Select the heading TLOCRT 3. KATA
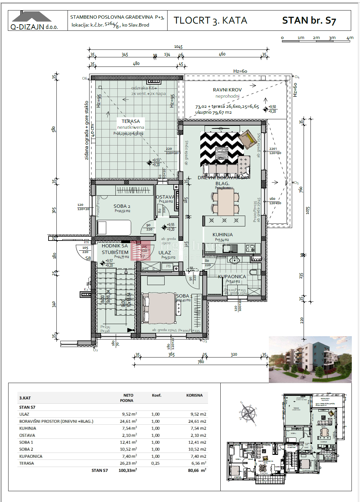coord(210,21)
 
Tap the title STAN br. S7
coord(309,21)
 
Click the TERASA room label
coord(130,121)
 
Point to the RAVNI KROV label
coord(227,90)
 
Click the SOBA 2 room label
coord(122,206)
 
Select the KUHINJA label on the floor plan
coord(223,235)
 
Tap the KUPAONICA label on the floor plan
coord(232,277)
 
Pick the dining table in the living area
coord(226,202)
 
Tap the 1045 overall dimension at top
coord(178,47)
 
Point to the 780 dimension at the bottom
coord(201,362)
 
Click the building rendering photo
coord(310,359)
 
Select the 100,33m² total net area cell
coord(128,470)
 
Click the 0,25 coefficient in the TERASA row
coord(155,463)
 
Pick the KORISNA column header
coord(194,396)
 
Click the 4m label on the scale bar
coord(350,38)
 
